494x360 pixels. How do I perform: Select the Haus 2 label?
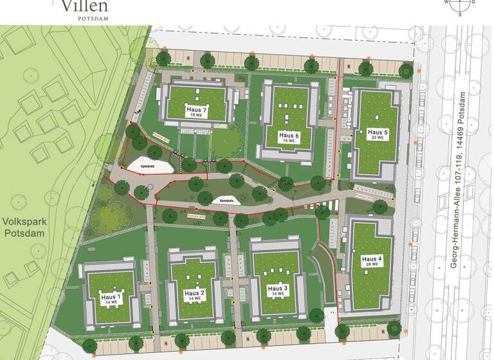pyautogui.click(x=194, y=293)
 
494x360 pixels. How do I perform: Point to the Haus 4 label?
pyautogui.click(x=371, y=258)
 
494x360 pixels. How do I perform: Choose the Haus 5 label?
pyautogui.click(x=376, y=132)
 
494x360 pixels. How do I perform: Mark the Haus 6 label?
pyautogui.click(x=290, y=136)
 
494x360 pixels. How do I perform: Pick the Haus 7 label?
pyautogui.click(x=196, y=109)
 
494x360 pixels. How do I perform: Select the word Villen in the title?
pyautogui.click(x=85, y=7)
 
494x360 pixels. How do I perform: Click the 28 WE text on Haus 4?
pyautogui.click(x=371, y=264)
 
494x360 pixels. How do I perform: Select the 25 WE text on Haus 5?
pyautogui.click(x=376, y=138)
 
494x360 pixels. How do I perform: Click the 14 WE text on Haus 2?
pyautogui.click(x=194, y=299)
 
